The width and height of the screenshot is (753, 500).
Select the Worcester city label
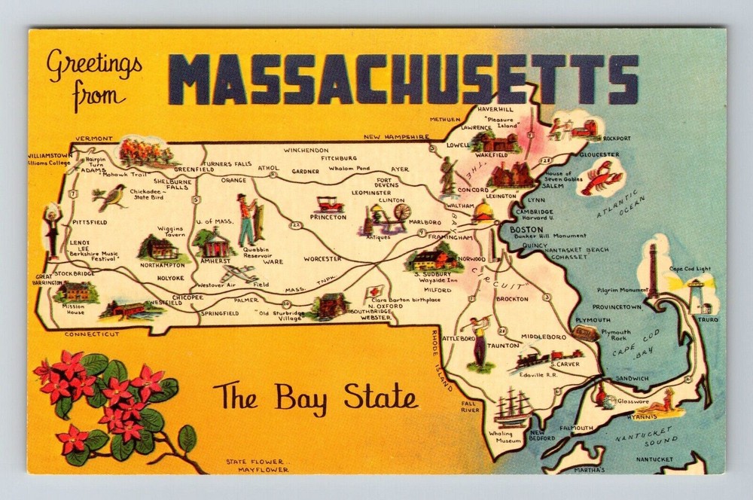click(x=322, y=258)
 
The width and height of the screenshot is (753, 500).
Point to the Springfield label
click(x=221, y=312)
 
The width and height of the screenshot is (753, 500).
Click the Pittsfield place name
click(x=90, y=223)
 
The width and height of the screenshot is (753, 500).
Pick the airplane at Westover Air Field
click(x=239, y=273)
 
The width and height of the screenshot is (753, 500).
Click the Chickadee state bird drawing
click(x=110, y=197)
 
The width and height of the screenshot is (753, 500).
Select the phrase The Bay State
click(x=315, y=396)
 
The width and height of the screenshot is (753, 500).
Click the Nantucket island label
click(x=654, y=459)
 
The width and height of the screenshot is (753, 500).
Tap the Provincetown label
click(x=616, y=307)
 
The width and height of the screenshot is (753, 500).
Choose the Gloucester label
click(x=599, y=154)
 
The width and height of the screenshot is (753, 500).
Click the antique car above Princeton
click(x=328, y=204)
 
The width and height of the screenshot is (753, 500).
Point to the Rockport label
click(x=617, y=139)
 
